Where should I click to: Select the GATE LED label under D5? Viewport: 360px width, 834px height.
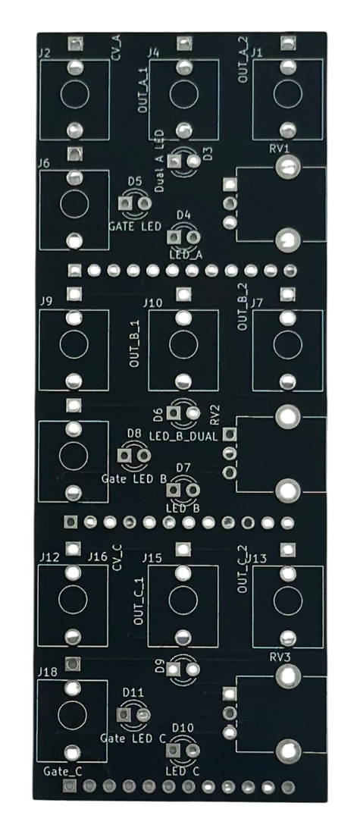pos(135,227)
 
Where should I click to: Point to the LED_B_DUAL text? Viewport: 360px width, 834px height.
pos(183,437)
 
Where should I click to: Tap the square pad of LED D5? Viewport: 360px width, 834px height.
pos(126,203)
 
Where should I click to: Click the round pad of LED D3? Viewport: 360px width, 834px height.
pos(193,161)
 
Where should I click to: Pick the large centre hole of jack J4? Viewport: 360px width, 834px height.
pos(183,94)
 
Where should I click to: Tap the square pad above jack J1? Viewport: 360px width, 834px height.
pos(288,42)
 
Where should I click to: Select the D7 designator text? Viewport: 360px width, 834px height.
pos(183,467)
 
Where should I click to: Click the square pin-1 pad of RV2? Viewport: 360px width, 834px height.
pos(230,434)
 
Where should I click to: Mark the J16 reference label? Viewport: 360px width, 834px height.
pos(98,557)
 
